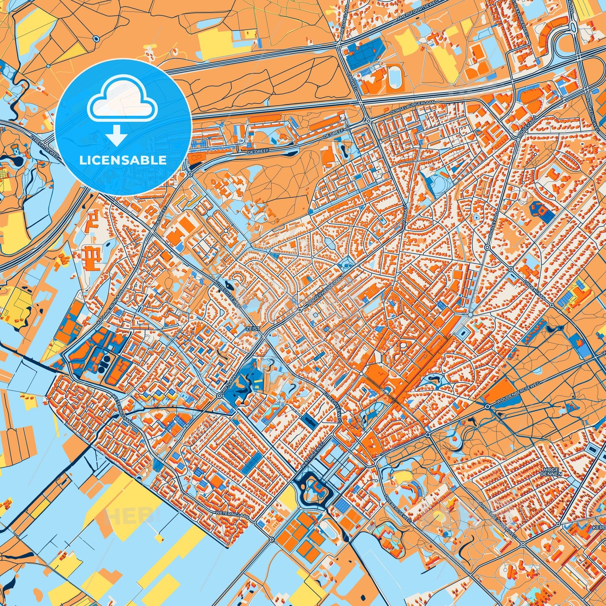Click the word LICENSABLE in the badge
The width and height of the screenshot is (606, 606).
click(123, 160)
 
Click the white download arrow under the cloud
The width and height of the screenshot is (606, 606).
click(117, 136)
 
